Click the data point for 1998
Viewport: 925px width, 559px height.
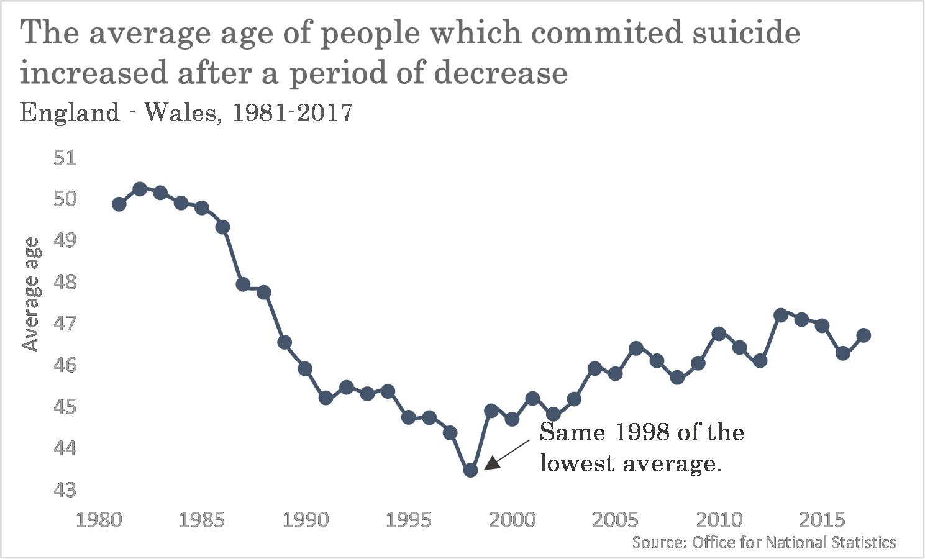pos(470,470)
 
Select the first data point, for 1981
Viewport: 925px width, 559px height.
pos(119,204)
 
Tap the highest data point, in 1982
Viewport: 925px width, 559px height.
pos(140,189)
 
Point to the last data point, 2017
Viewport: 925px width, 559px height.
pos(863,335)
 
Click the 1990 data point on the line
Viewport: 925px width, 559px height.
pos(305,369)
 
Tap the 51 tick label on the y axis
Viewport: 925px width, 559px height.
pos(65,158)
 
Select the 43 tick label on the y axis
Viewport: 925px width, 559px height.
pos(65,489)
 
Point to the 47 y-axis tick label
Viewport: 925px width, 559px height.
pos(65,324)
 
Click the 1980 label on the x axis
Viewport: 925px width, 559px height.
pos(99,520)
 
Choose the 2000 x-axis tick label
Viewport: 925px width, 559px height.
pos(513,520)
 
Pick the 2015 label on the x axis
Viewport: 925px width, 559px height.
pos(822,520)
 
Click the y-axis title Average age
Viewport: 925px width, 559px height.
pos(32,294)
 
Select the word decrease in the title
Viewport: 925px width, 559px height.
pos(501,73)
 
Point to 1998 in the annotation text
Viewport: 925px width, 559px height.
pos(642,432)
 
